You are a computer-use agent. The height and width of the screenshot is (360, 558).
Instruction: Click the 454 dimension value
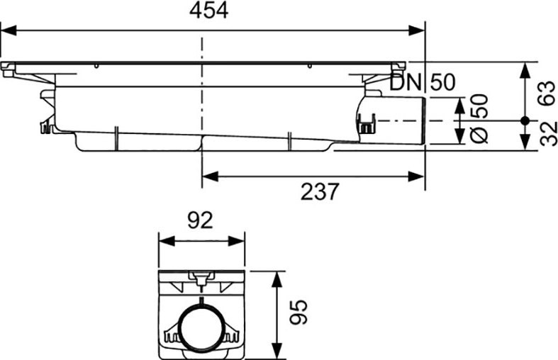[x=209, y=11]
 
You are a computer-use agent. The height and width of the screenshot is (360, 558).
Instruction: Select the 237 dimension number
[x=320, y=192]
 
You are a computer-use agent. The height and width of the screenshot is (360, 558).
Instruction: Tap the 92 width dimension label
[x=201, y=220]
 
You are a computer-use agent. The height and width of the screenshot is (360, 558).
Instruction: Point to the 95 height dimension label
[x=298, y=313]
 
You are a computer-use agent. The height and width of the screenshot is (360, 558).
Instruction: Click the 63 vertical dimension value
[x=547, y=94]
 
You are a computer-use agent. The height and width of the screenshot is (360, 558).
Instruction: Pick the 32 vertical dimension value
[x=548, y=134]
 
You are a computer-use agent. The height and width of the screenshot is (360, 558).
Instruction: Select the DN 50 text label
[x=423, y=82]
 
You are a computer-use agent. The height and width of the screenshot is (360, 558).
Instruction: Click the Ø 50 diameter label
[x=479, y=118]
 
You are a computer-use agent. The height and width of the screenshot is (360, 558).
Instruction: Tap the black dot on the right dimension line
[x=524, y=120]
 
